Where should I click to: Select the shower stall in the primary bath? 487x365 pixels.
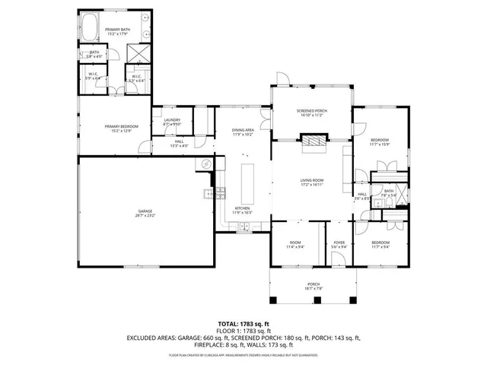(136, 53)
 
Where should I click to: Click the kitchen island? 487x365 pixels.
(247, 179)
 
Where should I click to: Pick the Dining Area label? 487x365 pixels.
(243, 131)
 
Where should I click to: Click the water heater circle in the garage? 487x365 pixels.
(205, 163)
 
